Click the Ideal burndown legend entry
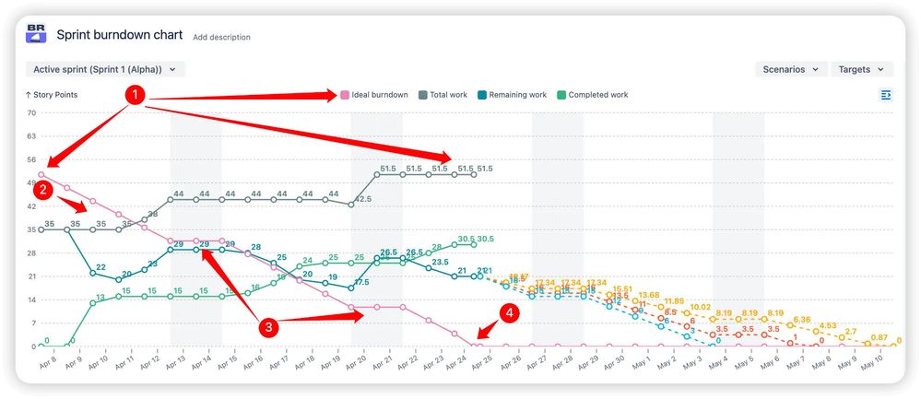point(374,95)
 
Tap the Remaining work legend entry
point(512,95)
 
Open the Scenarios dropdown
point(790,69)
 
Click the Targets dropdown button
point(861,69)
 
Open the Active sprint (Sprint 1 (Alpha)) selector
point(105,69)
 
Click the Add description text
point(221,38)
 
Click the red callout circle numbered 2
point(42,191)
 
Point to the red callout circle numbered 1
point(135,95)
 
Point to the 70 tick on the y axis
point(30,113)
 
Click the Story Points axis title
point(52,95)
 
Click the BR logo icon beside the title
point(37,34)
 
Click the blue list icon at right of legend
point(886,95)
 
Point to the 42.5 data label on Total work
point(363,199)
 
